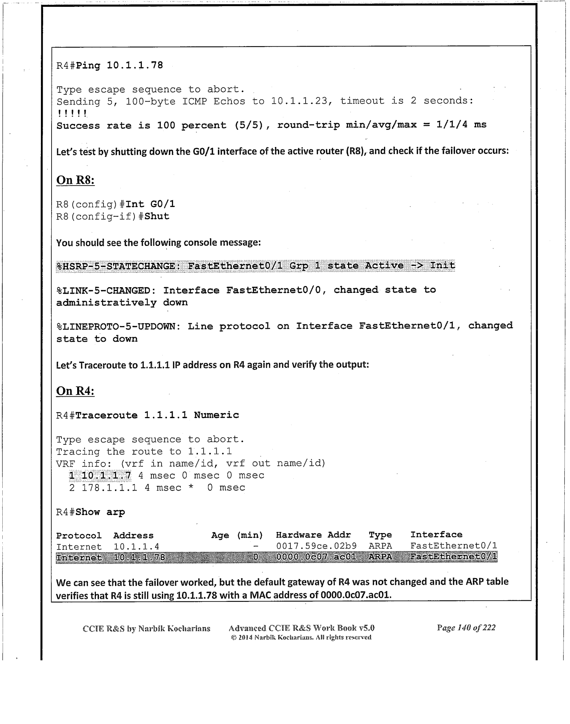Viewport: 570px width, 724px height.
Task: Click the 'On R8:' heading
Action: point(75,180)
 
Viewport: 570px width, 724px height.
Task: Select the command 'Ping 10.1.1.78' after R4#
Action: point(119,66)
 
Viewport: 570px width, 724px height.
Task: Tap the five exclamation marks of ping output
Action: point(72,113)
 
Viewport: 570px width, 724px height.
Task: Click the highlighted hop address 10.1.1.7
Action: point(106,475)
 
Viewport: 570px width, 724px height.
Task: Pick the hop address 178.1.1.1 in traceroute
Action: point(109,488)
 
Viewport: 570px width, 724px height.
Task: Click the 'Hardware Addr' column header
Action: point(313,535)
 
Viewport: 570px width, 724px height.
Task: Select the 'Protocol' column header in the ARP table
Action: point(79,536)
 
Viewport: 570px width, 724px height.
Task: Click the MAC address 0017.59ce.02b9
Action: point(316,546)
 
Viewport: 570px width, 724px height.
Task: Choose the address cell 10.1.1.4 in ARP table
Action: point(136,547)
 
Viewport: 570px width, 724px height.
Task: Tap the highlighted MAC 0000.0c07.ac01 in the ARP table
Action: point(316,557)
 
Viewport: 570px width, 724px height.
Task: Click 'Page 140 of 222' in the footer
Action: point(466,627)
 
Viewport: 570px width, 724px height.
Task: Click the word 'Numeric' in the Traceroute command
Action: point(216,415)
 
